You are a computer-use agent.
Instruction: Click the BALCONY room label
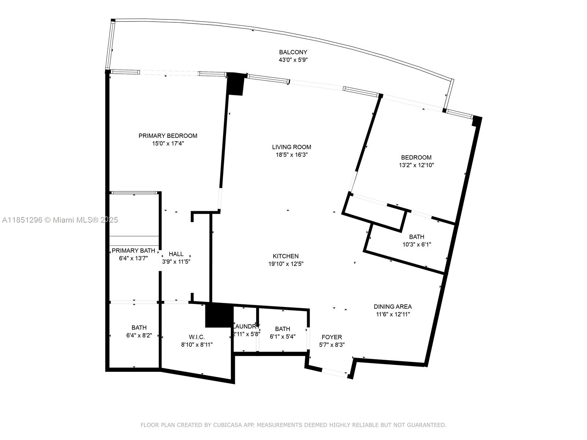click(x=293, y=52)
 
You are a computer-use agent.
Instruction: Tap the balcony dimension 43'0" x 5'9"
click(x=293, y=60)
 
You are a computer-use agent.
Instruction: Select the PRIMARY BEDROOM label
click(x=168, y=136)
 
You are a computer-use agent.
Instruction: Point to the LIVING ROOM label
click(x=291, y=147)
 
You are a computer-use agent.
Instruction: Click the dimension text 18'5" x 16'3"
click(x=291, y=155)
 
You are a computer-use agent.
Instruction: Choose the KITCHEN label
click(x=285, y=256)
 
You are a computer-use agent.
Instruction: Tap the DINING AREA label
click(x=393, y=307)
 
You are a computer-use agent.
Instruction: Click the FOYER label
click(x=332, y=337)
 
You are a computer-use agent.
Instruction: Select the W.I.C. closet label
click(x=197, y=337)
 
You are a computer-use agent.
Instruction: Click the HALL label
click(x=176, y=254)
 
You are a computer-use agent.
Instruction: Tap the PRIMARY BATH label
click(x=133, y=250)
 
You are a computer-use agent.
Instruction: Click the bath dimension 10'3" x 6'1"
click(x=416, y=245)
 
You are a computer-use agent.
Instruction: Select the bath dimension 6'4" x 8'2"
click(x=139, y=335)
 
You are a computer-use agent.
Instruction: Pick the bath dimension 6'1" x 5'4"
click(x=282, y=337)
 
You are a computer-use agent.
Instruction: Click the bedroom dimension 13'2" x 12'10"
click(x=416, y=165)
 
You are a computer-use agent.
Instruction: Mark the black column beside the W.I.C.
click(x=219, y=315)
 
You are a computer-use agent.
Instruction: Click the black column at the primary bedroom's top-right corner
click(x=235, y=84)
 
